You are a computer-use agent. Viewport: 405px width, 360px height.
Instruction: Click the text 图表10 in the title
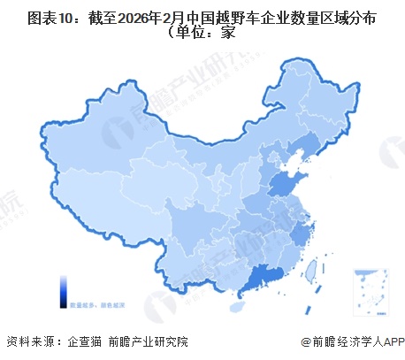point(42,17)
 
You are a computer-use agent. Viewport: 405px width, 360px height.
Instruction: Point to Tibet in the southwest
point(97,217)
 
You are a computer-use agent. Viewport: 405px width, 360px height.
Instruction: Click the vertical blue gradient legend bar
point(63,290)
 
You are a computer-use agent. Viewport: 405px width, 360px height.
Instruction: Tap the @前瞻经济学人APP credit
point(350,341)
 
